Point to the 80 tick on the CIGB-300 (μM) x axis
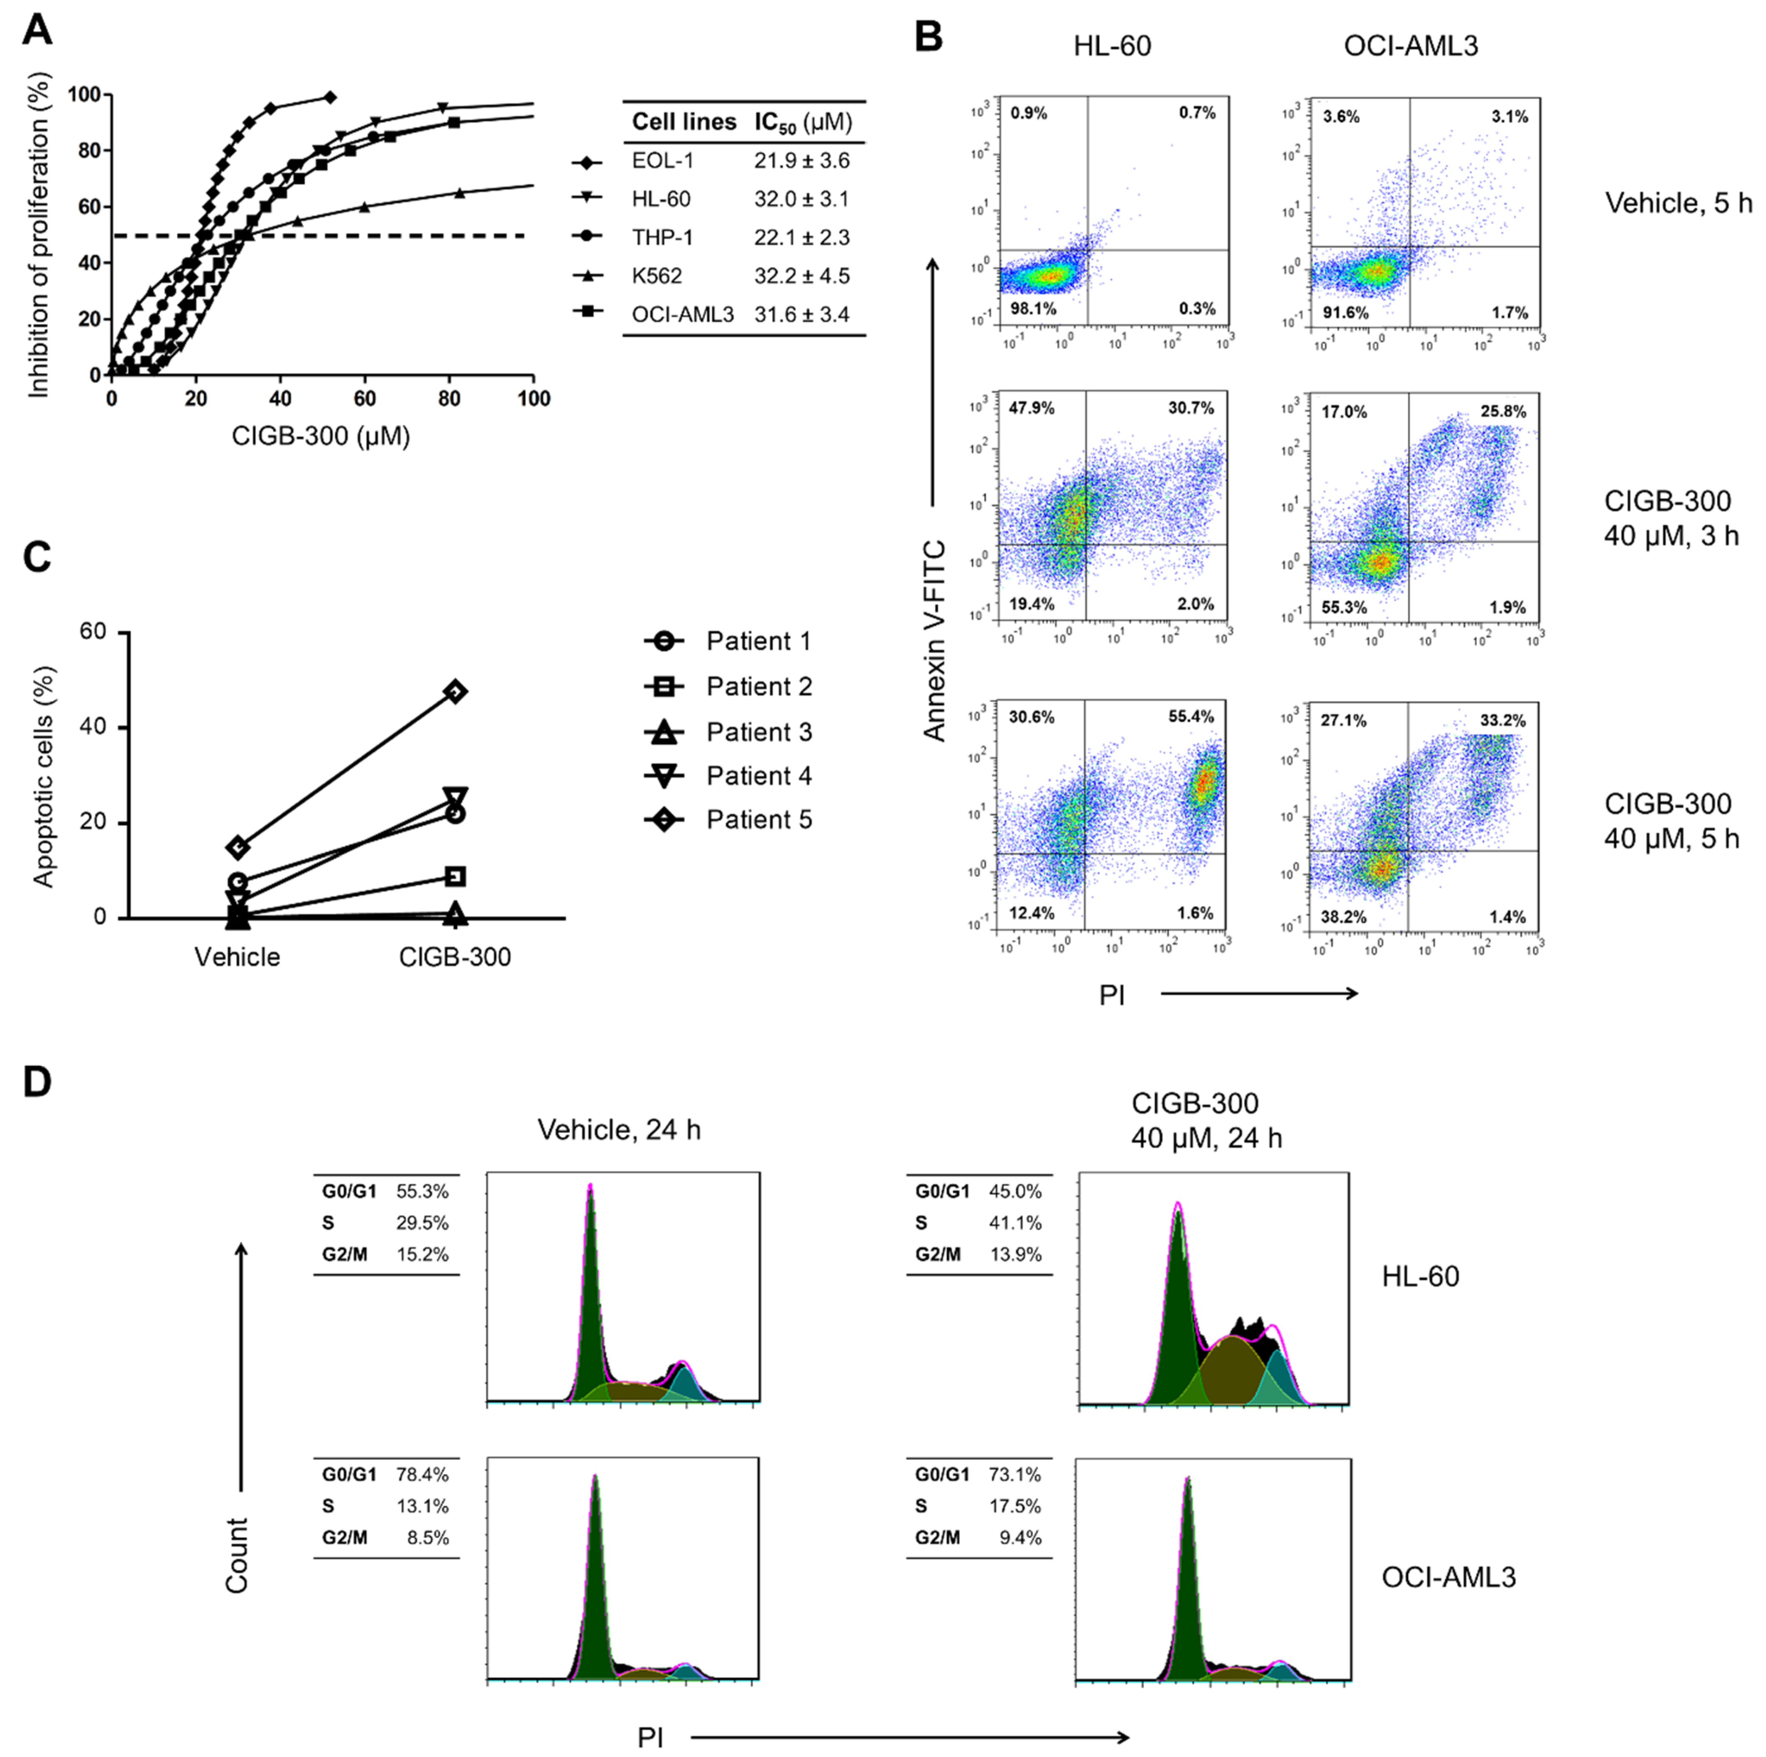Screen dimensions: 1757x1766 tap(449, 399)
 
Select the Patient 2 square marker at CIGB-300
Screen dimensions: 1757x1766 tap(455, 877)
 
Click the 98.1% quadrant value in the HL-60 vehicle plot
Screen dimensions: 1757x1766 tap(1033, 309)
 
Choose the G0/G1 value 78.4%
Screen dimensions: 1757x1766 tap(422, 1475)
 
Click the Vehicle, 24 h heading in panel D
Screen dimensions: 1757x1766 tap(619, 1131)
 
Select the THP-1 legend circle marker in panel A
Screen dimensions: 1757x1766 tap(587, 237)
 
